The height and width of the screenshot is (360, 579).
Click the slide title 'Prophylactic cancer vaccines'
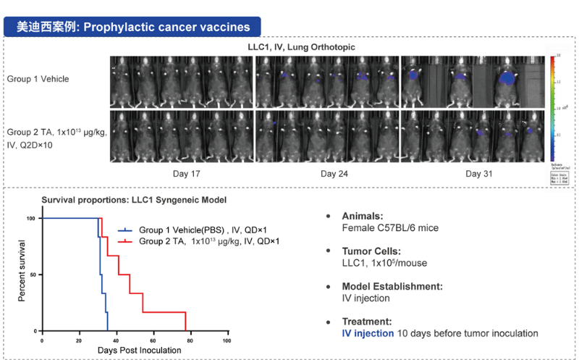coord(167,28)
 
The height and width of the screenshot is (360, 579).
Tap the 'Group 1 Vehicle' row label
coord(38,79)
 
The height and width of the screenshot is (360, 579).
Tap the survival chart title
coord(124,199)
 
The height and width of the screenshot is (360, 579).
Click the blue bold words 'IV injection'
coord(368,333)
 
